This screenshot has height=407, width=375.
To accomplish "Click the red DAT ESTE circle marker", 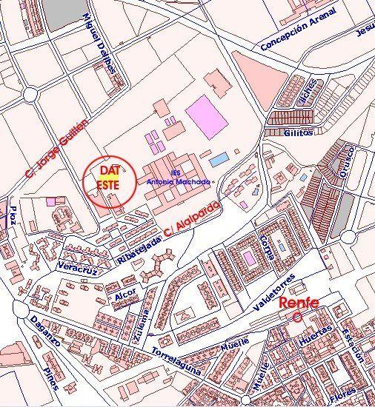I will pos(109,180).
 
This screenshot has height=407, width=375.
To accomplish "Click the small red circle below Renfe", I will pos(298,317).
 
